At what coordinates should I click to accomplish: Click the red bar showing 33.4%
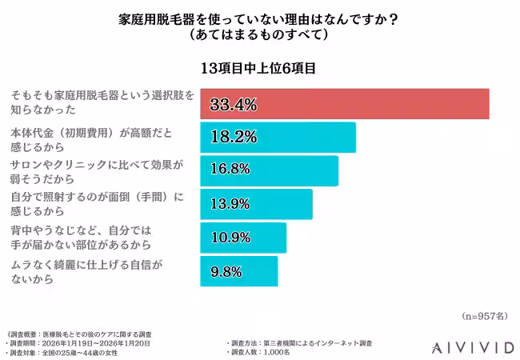click(x=344, y=104)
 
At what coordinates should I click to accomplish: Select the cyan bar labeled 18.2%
click(x=276, y=138)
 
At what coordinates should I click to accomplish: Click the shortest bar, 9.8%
click(x=238, y=271)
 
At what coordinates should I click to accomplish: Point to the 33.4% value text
click(x=233, y=104)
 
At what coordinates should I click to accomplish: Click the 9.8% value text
click(x=226, y=271)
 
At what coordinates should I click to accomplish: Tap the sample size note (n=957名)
click(x=484, y=316)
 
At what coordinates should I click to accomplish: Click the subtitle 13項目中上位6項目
click(x=259, y=68)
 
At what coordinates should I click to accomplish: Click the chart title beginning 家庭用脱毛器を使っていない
click(x=259, y=19)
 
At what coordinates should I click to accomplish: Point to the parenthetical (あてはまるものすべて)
click(x=259, y=37)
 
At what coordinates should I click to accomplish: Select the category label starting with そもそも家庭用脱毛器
click(x=101, y=102)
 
